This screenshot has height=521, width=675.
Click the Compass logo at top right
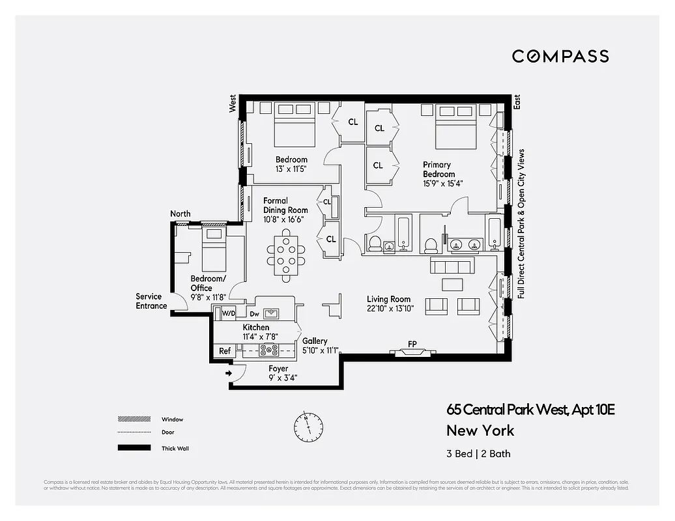pos(560,56)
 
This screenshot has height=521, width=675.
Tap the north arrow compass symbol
pos(308,427)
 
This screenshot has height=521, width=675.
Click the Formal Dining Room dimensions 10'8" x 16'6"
pos(285,220)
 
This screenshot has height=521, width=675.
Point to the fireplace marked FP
pos(412,352)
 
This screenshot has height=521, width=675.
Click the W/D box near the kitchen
pos(228,313)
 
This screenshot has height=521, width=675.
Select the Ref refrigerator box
pos(225,351)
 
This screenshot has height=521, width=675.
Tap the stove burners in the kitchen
pos(268,350)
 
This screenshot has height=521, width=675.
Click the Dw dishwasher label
pos(254,313)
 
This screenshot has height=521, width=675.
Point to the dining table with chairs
pos(286,255)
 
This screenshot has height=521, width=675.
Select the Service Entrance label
pos(151,301)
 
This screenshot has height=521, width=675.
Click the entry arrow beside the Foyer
pos(229,373)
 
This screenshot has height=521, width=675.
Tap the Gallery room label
pos(315,341)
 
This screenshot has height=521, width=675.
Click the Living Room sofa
pos(452,266)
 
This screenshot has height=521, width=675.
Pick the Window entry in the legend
pos(172,419)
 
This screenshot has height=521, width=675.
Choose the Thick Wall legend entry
pos(175,448)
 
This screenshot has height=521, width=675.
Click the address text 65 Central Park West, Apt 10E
pos(530,410)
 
